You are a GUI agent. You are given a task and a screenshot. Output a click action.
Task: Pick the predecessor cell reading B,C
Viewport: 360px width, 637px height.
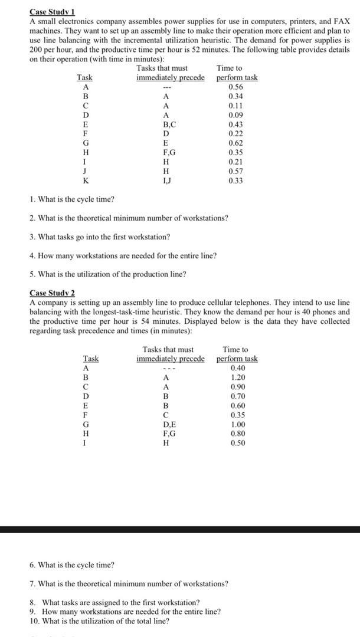point(169,124)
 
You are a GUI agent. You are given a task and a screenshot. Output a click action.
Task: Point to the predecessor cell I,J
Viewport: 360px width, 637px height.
point(169,181)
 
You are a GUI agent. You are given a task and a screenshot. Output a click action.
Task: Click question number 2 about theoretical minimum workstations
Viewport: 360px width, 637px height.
point(129,218)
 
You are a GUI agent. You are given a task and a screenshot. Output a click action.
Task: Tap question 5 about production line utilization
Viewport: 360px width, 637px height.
point(107,274)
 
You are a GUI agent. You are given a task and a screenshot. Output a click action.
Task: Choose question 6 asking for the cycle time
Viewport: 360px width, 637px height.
point(71,565)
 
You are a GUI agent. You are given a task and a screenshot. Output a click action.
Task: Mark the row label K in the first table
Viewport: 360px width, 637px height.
point(86,181)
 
